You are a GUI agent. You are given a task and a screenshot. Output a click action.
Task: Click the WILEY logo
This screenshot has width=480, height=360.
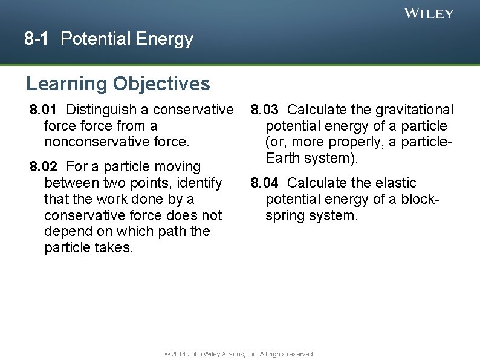429,13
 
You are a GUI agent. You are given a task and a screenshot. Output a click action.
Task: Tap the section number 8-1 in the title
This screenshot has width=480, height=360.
37,39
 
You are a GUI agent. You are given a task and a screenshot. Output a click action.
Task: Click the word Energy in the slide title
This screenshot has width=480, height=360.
164,40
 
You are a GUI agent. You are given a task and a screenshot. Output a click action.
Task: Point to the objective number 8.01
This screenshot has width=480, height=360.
44,110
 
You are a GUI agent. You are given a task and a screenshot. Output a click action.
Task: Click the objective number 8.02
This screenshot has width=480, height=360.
44,166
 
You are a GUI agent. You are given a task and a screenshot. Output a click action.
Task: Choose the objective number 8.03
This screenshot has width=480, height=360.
265,110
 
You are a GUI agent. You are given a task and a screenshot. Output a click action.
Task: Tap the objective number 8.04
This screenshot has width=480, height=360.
265,183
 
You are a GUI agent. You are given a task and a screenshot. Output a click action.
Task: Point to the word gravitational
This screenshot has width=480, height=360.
414,110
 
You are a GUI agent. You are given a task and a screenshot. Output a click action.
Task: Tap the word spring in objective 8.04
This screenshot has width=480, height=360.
284,215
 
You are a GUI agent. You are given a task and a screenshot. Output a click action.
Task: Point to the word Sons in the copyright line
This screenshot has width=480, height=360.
233,354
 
